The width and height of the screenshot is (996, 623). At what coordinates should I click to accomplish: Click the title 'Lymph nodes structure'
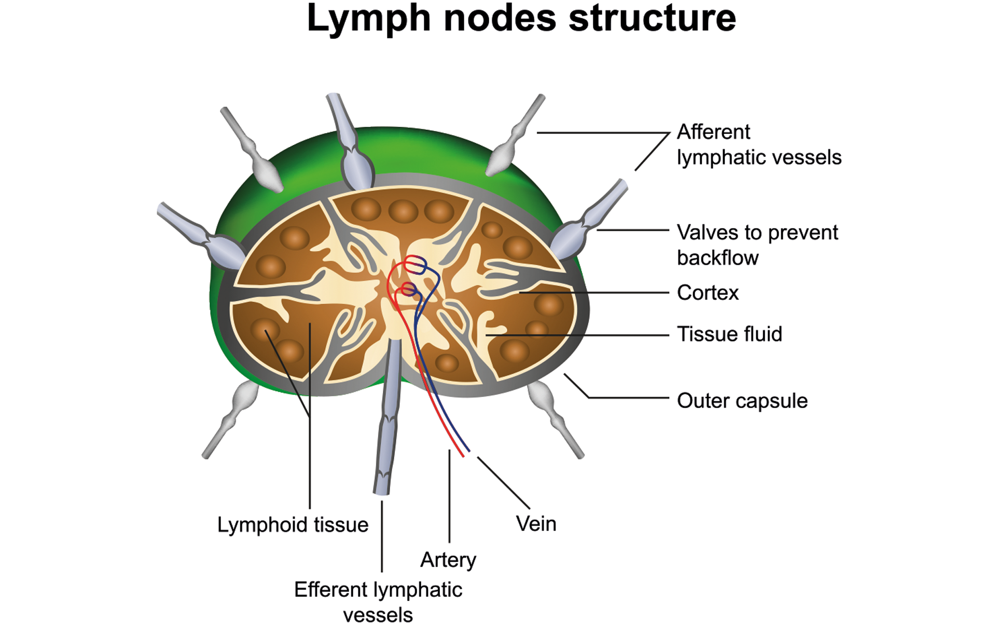tap(521, 19)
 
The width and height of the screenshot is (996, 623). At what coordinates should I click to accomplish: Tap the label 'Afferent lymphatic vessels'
tap(758, 145)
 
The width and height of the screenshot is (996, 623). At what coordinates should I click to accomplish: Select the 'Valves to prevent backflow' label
tap(757, 245)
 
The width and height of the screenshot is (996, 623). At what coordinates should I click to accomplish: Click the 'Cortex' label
tap(708, 293)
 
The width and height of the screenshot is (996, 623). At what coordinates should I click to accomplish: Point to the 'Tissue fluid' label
tap(729, 334)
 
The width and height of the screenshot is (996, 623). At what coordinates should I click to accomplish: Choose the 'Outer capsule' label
tap(742, 401)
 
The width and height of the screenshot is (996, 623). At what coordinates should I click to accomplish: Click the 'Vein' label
tap(536, 524)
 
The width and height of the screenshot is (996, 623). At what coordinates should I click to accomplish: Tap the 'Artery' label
tap(448, 560)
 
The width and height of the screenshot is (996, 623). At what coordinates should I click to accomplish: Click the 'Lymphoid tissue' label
tap(293, 525)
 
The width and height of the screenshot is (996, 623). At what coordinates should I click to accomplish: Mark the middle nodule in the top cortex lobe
tap(403, 211)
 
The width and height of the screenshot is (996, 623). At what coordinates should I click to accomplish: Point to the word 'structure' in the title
tap(652, 19)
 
